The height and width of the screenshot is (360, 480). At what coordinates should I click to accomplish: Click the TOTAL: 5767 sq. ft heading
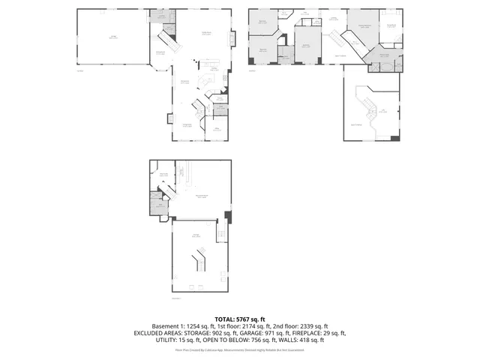240,319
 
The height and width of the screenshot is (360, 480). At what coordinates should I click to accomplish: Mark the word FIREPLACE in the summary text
306,333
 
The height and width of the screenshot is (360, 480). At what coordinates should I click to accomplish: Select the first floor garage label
113,37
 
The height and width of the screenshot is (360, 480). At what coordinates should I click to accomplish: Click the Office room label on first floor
216,129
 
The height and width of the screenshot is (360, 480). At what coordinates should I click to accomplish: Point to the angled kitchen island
203,81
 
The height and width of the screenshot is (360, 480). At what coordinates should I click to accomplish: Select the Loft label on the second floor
382,112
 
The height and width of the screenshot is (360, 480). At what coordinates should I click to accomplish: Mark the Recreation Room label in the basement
201,196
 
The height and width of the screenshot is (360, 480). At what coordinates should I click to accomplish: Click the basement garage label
196,235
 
